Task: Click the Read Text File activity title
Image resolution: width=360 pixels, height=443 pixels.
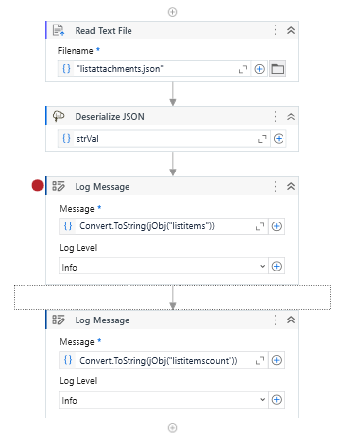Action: point(105,30)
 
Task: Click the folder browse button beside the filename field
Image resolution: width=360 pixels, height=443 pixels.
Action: point(278,69)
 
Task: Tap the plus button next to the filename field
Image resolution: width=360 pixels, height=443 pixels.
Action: point(260,69)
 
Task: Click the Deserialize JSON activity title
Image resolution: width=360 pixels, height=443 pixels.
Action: point(110,115)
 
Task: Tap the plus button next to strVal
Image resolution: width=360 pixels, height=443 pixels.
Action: point(278,139)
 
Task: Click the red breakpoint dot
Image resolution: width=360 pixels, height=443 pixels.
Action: point(38,186)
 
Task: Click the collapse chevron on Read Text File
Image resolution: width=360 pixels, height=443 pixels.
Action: point(291,30)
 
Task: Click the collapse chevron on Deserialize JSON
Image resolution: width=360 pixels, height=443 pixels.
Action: point(291,115)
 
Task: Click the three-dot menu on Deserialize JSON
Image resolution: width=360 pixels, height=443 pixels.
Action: point(275,115)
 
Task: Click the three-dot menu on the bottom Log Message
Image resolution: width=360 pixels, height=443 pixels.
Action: point(275,320)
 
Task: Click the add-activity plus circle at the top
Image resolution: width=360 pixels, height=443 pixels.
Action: point(173,11)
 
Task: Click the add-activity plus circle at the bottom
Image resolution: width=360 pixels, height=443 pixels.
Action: point(173,427)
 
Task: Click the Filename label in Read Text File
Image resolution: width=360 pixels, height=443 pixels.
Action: point(77,49)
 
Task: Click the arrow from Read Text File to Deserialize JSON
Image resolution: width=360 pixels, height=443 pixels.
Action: point(173,94)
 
